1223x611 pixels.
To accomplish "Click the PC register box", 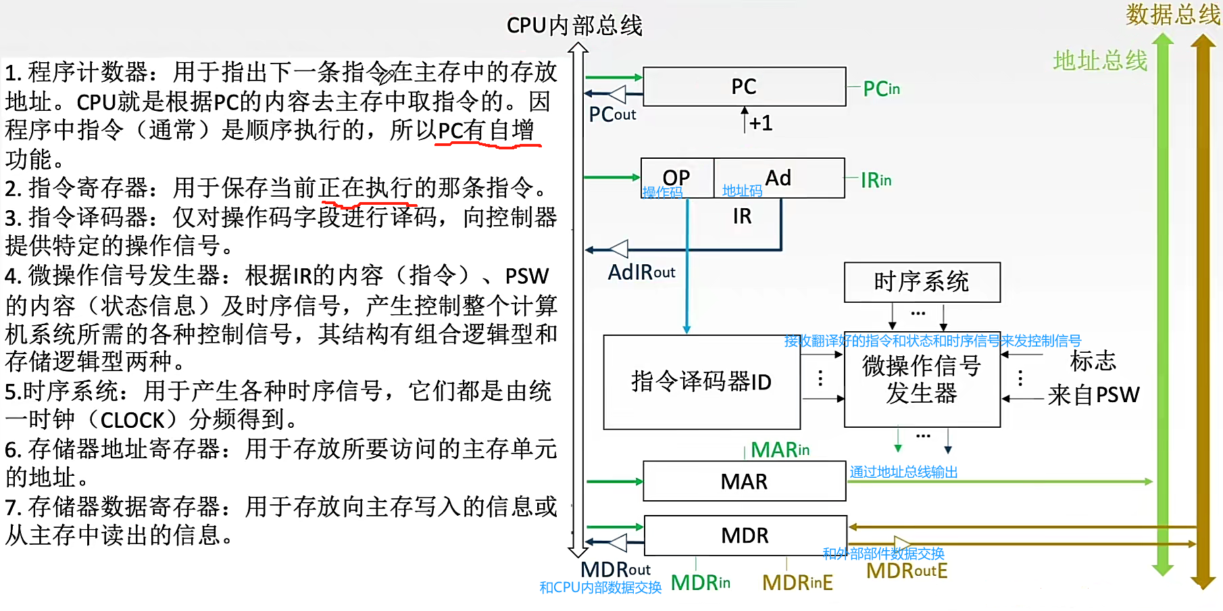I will (x=744, y=87).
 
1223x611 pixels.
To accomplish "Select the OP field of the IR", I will (x=676, y=178).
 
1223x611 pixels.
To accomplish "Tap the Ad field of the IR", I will (x=778, y=178).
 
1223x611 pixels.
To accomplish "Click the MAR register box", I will (x=744, y=481).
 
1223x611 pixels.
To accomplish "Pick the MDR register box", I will (x=745, y=535).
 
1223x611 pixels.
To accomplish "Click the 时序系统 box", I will (x=922, y=282).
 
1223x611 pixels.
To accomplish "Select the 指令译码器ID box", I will (x=701, y=382).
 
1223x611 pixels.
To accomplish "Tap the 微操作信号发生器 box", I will (x=922, y=380).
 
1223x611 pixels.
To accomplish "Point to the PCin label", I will (x=882, y=89).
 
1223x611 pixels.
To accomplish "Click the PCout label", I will (x=612, y=115).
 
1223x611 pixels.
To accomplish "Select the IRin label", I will (x=876, y=180).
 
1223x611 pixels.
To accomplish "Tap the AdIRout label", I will (x=641, y=272).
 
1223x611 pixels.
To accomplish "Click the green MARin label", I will (x=780, y=449).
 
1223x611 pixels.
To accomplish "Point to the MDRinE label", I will (x=797, y=583).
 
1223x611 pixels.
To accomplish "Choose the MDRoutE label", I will (x=907, y=571).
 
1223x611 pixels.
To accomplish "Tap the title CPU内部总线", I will (x=574, y=26).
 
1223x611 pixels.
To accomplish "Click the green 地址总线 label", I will (x=1100, y=61).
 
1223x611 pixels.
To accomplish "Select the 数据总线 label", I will (x=1172, y=14).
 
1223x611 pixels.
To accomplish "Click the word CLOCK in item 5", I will (x=132, y=420).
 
